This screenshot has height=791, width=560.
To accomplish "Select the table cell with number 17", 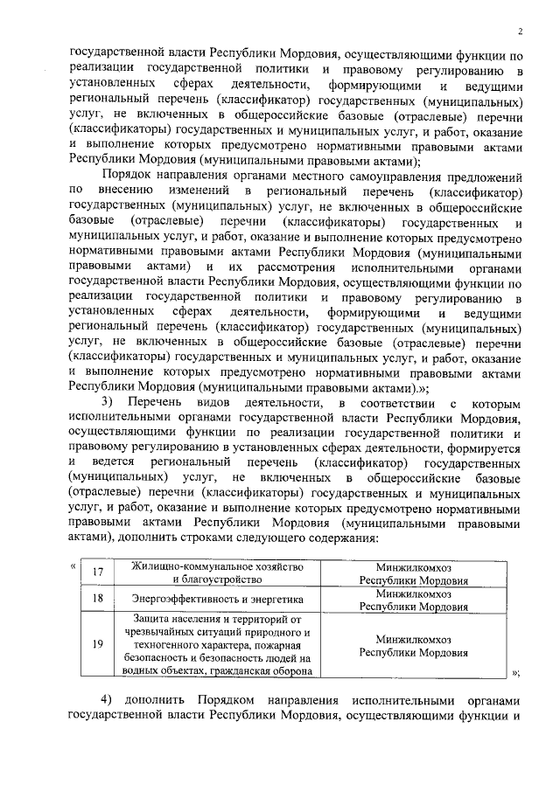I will [x=98, y=572].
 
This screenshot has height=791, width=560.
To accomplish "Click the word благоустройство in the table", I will [x=217, y=579].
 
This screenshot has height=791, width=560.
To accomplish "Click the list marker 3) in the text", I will [x=108, y=401].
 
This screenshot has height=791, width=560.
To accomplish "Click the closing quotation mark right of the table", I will [x=516, y=671].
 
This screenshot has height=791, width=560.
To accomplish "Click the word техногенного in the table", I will [x=160, y=644].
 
